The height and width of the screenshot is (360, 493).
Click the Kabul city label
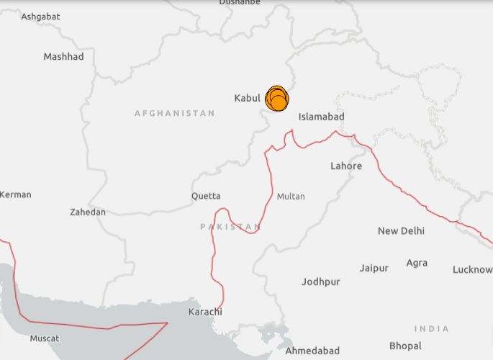[x=247, y=98]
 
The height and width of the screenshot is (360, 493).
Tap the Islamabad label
[x=322, y=117]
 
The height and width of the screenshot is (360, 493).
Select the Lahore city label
[x=346, y=166]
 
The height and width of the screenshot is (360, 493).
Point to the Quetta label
[x=206, y=196]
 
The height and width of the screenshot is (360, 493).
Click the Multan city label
[x=291, y=196]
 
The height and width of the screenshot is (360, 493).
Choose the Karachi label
[x=205, y=312]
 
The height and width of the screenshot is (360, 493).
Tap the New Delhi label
[x=401, y=231]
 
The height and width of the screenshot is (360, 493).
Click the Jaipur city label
[x=374, y=268]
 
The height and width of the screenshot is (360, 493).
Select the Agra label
[x=417, y=264]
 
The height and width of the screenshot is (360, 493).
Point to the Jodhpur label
[x=321, y=282]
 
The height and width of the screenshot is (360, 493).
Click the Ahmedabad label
[x=312, y=351]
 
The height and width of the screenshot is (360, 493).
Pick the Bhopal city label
[x=405, y=346]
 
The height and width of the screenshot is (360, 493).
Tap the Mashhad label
[x=63, y=56]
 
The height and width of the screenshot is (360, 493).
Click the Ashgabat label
[x=40, y=16]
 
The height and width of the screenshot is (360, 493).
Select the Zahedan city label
[x=88, y=212]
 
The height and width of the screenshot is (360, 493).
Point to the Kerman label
[x=15, y=194]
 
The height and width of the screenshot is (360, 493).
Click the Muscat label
[x=45, y=338]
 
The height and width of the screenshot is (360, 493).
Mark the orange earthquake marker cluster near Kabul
[x=277, y=99]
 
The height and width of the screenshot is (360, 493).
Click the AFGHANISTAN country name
[x=174, y=113]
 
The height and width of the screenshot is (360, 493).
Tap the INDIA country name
[x=432, y=329]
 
